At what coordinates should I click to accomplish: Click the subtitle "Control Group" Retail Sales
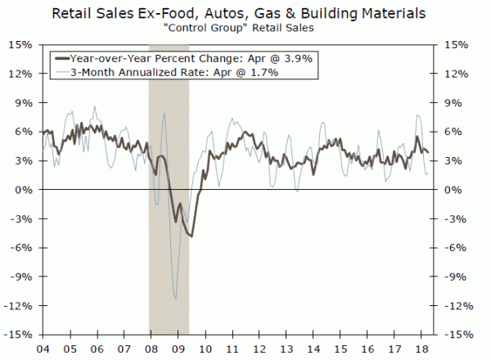(x=245, y=30)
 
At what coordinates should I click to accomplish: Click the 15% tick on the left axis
(x=22, y=44)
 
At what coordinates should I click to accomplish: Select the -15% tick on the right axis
(x=458, y=335)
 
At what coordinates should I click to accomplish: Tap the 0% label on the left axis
(x=25, y=190)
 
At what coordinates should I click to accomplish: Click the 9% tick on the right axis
(x=453, y=102)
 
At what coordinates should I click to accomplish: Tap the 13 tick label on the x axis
(x=286, y=346)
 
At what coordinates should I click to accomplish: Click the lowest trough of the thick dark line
(x=191, y=236)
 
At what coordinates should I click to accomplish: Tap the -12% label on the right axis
(x=458, y=306)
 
